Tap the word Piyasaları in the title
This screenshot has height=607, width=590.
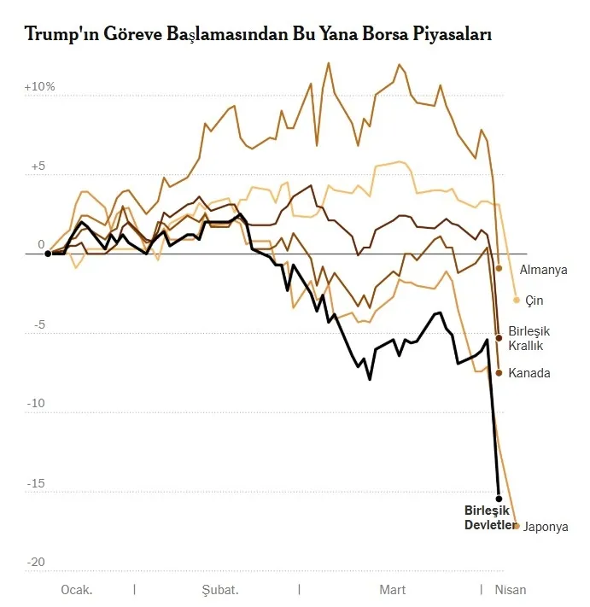pos(450,35)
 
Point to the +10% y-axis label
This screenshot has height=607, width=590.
pos(39,87)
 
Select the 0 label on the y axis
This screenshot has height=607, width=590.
pos(40,245)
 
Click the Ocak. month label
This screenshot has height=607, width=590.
pos(76,590)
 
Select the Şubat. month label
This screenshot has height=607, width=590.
pos(219,590)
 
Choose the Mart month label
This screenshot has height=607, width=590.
pos(392,590)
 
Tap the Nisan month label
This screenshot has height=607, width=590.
pos(511,590)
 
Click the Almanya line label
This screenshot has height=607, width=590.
pos(543,270)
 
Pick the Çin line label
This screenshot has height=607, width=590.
pos(535,301)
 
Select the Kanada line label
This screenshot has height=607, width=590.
pos(529,373)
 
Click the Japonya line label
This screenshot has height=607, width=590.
pos(546,527)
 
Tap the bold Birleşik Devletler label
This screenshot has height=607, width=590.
pos(490,517)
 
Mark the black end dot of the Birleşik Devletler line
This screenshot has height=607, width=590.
pos(499,498)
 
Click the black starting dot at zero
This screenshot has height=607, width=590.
pos(48,254)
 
